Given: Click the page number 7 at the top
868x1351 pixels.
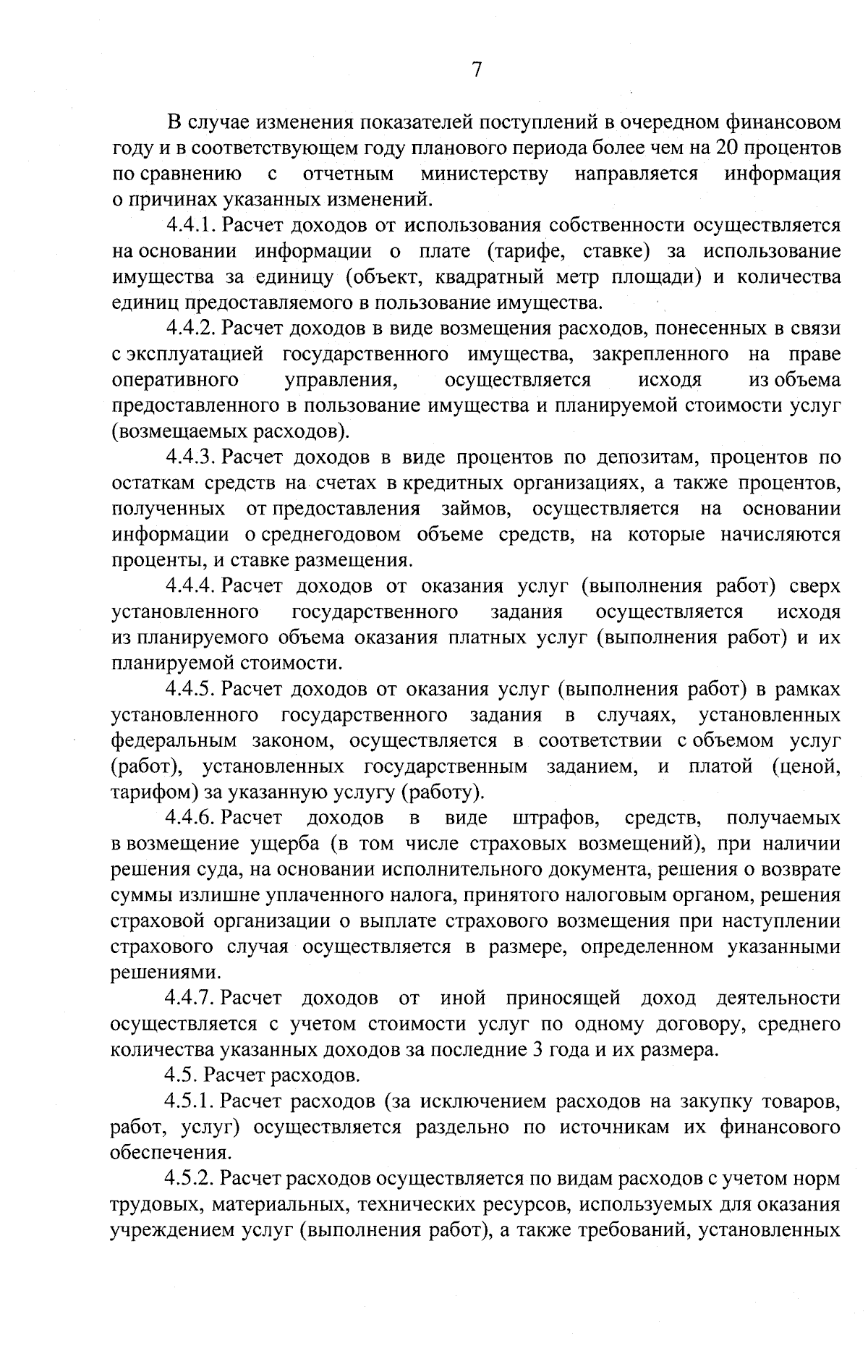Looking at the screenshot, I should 476,69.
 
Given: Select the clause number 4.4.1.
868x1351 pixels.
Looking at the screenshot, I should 192,226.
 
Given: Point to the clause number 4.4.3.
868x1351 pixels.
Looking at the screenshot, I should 192,458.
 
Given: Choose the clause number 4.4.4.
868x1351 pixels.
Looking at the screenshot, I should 192,586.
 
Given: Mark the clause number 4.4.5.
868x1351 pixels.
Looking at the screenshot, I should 192,690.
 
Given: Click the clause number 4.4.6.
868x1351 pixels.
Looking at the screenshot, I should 192,818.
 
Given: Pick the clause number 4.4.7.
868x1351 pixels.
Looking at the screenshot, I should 192,999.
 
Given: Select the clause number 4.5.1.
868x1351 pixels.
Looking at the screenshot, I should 192,1102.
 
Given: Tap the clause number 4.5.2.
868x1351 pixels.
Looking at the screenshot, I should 192,1180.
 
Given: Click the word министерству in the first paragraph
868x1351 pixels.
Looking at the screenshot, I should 484,174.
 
